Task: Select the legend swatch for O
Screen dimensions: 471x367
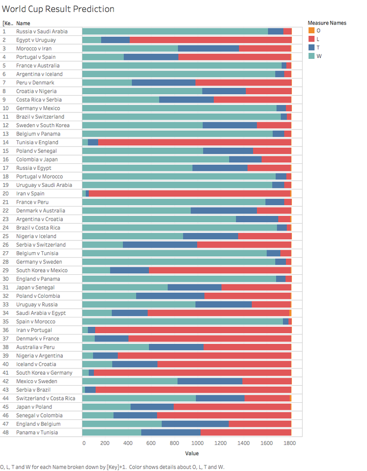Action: coord(311,30)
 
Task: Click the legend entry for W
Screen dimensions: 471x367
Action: coord(319,56)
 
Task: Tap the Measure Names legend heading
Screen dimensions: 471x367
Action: coord(327,23)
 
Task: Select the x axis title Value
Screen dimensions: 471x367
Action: coord(192,453)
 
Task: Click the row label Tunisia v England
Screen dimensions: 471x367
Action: coord(37,142)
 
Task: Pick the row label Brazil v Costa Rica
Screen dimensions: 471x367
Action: coord(38,228)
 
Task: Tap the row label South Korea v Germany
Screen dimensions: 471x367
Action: coord(44,372)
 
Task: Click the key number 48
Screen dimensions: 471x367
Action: coord(5,432)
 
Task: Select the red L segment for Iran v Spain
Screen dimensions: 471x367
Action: coord(189,193)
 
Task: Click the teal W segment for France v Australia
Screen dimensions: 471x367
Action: coord(182,65)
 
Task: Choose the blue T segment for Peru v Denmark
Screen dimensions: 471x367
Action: coord(163,82)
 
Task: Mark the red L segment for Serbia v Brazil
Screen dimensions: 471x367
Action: coord(193,390)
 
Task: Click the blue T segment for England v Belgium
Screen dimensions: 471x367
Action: coord(195,424)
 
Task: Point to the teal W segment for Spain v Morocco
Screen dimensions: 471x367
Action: coord(182,321)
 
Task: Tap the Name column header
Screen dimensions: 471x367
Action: coord(23,23)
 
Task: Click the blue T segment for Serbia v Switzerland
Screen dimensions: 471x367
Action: coord(159,244)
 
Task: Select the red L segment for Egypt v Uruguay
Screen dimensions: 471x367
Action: coord(210,40)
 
